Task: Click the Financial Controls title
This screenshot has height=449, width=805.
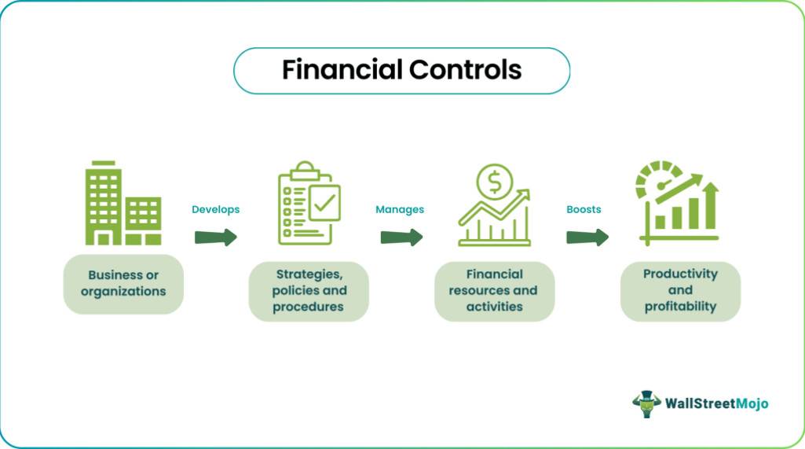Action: point(401,70)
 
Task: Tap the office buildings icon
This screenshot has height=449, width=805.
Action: point(123,203)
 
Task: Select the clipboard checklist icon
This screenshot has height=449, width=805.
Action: point(309,203)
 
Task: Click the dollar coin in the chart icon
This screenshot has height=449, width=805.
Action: point(494,182)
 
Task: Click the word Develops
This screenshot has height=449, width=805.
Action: point(216,209)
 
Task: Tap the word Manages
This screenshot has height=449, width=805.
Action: point(400,209)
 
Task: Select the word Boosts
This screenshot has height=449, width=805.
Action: point(584,209)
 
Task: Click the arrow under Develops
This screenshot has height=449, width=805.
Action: point(216,237)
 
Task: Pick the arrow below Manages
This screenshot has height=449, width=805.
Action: point(401,237)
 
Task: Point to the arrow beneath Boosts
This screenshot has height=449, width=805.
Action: point(587,237)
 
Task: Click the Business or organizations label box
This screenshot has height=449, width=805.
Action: point(123,284)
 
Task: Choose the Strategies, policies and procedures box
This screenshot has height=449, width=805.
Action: point(309,291)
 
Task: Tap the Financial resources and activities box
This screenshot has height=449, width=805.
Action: point(495,291)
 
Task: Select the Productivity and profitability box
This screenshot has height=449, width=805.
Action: point(680,291)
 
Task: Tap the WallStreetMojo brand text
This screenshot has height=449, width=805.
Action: point(717,403)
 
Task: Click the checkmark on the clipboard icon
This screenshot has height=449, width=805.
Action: point(324,203)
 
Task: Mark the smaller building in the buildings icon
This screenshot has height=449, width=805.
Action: point(143,221)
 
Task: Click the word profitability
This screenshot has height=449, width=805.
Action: point(680,307)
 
